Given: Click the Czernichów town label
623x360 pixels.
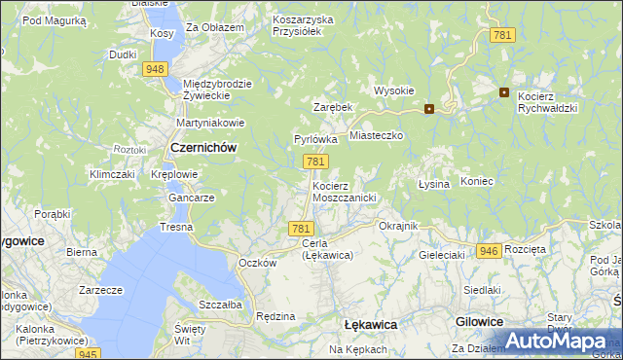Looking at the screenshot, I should coord(203,147).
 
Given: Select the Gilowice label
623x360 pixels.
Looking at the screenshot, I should coord(479,321).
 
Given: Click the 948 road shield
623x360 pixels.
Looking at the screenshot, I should coord(154,69).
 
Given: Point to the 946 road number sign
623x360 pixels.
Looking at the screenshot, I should coord(489,251).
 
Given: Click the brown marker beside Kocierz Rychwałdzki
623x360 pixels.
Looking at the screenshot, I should coord(504,92).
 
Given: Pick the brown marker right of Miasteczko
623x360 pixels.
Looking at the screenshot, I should coord(428,109).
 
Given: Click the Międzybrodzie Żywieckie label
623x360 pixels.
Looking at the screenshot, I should coord(217,90).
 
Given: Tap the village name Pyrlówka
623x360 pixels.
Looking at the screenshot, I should coord(315,139).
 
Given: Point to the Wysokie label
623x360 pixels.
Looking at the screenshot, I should coord(394,90).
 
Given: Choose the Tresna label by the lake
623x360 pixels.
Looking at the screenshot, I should coord(177,227).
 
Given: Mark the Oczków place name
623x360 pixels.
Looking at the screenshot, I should coord(258,263).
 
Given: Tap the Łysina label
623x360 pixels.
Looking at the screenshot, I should coord(433,184).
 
